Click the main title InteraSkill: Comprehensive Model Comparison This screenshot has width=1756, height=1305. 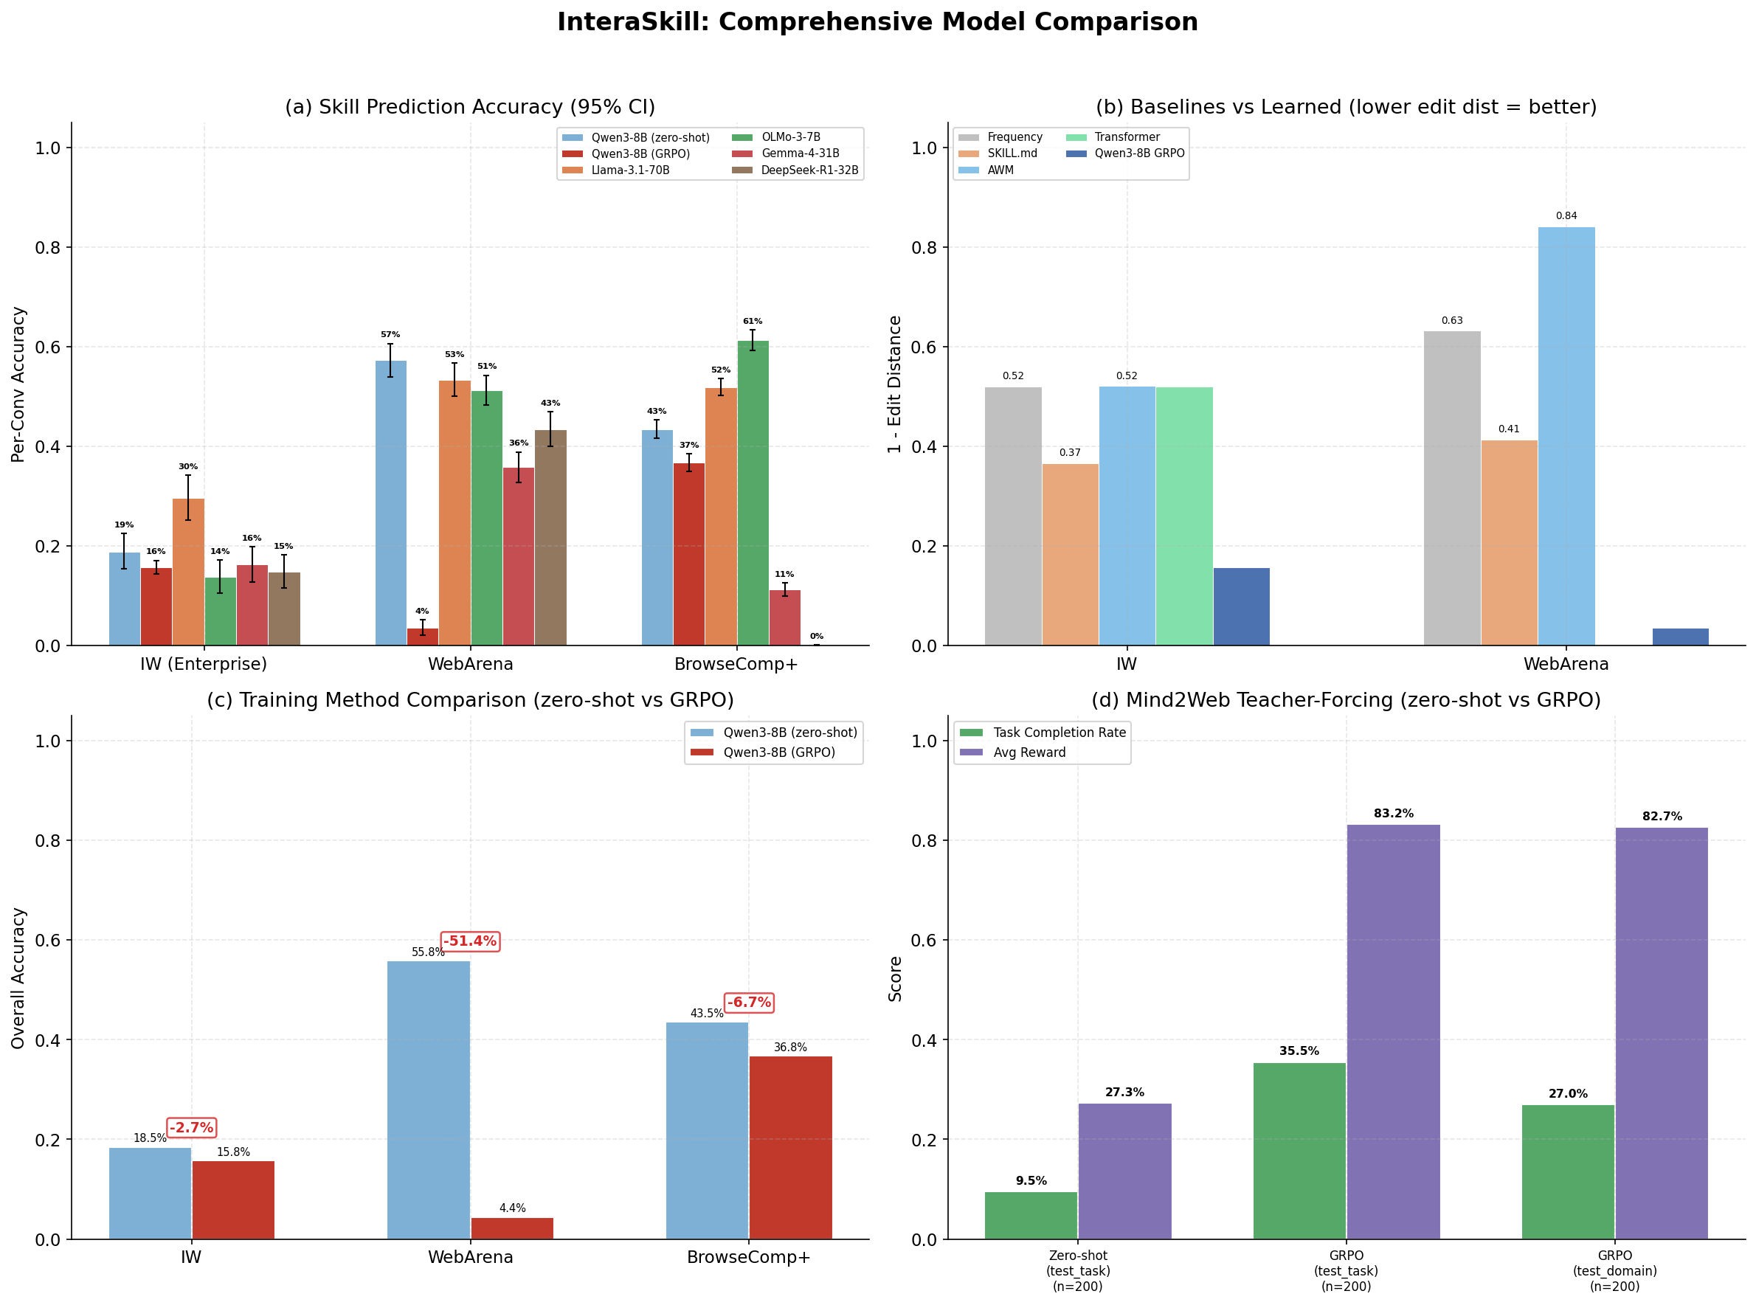[x=877, y=22]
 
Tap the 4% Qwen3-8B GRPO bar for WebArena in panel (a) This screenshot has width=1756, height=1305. [x=423, y=636]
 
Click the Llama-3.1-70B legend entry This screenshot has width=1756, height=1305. [x=629, y=170]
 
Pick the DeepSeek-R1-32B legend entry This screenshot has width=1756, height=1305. [x=809, y=170]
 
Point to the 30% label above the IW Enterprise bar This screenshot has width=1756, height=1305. [x=188, y=466]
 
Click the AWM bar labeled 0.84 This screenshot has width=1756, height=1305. [x=1566, y=435]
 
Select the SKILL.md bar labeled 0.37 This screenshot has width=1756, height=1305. [x=1070, y=554]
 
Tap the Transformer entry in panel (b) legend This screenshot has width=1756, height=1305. [x=1127, y=136]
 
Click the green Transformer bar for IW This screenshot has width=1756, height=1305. [x=1183, y=515]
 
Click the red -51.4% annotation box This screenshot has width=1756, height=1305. [x=469, y=941]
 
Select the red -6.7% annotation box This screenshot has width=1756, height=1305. [x=748, y=1003]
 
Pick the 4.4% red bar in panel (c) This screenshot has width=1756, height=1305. [x=512, y=1228]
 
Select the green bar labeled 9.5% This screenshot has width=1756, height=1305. [x=1030, y=1215]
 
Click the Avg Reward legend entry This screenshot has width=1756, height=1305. [x=1029, y=752]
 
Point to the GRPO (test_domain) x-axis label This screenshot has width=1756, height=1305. [x=1614, y=1270]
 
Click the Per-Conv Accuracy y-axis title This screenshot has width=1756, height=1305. [x=18, y=384]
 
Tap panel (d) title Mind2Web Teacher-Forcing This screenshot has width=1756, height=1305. [x=1345, y=700]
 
